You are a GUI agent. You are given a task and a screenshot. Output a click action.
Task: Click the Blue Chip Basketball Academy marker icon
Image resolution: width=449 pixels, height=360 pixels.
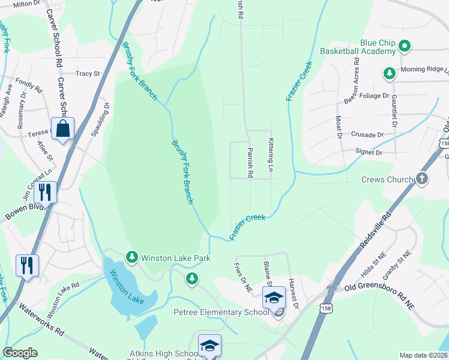pos(405,46)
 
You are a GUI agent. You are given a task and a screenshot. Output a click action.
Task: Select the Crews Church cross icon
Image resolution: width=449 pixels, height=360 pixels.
pos(422,179)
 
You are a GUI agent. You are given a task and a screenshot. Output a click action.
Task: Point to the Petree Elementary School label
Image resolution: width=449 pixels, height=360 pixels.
pos(221,312)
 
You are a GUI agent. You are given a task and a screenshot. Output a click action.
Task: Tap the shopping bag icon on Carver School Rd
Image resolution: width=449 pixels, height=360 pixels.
pos(62,128)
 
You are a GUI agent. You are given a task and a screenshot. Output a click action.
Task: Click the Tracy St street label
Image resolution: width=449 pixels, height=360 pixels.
pos(88,74)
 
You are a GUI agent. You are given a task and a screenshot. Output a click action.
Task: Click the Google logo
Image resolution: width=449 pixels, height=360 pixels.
pos(20,353)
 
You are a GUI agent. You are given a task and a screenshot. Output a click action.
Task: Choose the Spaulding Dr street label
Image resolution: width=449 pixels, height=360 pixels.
pos(101,118)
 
